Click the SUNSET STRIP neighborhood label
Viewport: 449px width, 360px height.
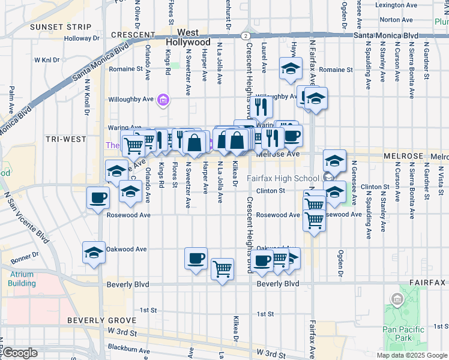(61, 27)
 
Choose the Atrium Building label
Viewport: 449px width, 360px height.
(22, 279)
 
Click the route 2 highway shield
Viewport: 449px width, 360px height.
(246, 35)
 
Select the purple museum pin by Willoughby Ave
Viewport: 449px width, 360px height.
(163, 100)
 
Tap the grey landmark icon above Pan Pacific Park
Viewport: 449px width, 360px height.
(396, 299)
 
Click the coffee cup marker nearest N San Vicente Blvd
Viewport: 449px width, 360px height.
(97, 197)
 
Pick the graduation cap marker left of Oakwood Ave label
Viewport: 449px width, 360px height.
(94, 253)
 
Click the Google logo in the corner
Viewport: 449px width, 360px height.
(19, 353)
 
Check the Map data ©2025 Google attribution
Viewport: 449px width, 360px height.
(411, 355)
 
